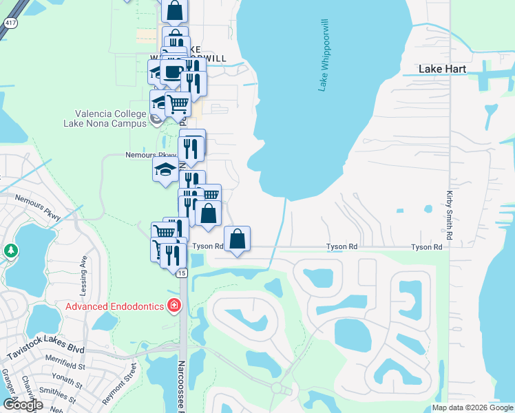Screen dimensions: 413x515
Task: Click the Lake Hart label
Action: point(443,70)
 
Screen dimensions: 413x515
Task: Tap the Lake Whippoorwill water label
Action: point(322,55)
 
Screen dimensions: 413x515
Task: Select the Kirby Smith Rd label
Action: point(449,215)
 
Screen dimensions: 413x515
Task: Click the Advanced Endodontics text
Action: point(115,306)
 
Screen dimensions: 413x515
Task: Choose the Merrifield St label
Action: point(64,359)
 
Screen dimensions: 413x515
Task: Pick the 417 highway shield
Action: point(9,23)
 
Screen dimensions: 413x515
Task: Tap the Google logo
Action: point(23,405)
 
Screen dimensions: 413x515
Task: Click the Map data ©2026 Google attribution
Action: point(472,407)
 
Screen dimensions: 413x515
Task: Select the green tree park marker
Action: point(10,250)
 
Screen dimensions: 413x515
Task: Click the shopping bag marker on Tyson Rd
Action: point(237,240)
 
